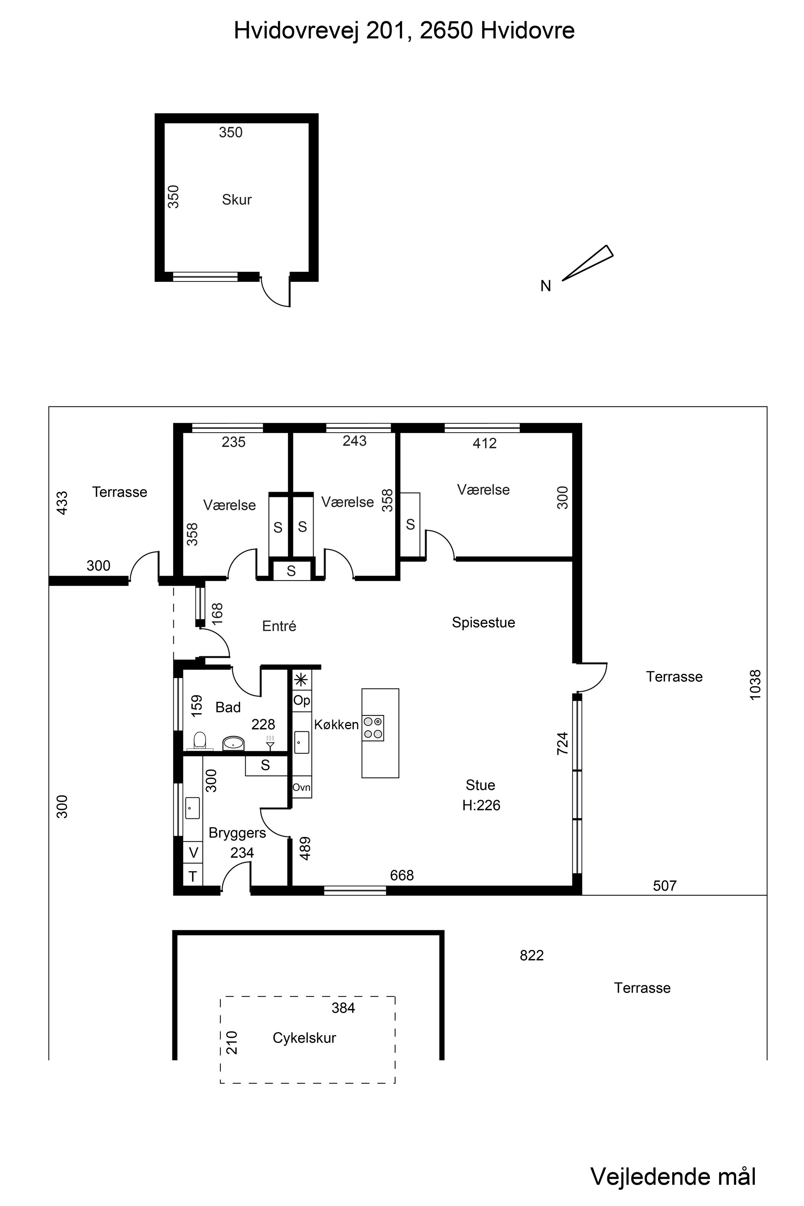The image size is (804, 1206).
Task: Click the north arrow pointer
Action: [x=588, y=263]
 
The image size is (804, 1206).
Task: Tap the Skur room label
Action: [x=236, y=199]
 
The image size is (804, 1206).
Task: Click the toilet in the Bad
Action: [x=200, y=740]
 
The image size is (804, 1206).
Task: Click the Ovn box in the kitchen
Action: [x=301, y=787]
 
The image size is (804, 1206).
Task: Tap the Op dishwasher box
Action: [x=301, y=700]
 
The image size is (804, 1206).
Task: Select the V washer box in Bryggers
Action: [x=193, y=853]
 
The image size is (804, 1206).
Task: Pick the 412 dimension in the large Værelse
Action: [x=484, y=443]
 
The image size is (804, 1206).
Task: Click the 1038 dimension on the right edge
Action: [x=755, y=685]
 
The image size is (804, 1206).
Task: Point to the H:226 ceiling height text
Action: [x=481, y=805]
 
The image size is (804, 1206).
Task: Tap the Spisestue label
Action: [x=483, y=622]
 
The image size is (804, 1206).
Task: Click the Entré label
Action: [x=279, y=626]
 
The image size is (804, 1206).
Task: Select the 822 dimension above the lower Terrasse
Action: [x=532, y=955]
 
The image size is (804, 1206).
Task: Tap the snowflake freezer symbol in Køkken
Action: [x=301, y=679]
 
